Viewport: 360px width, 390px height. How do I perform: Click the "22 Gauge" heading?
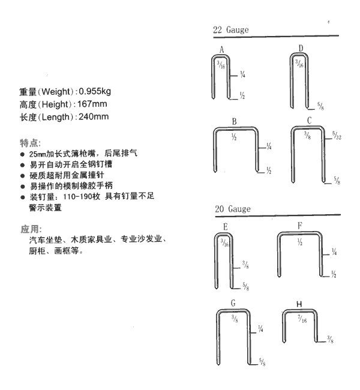click(230, 30)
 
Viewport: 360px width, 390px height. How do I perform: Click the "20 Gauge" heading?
click(233, 209)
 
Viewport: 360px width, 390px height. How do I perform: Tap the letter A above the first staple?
click(221, 50)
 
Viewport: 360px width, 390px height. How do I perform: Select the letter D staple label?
click(301, 48)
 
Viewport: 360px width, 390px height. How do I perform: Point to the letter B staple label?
click(234, 122)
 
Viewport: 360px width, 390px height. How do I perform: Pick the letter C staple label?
click(309, 121)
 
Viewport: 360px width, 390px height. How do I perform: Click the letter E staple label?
click(225, 227)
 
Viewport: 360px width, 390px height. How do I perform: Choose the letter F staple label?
click(300, 226)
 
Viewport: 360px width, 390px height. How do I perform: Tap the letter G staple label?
click(233, 303)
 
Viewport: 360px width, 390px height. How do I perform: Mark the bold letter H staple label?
click(299, 304)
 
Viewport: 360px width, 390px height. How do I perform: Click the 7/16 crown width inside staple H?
click(302, 319)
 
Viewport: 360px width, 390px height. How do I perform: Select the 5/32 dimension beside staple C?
click(337, 136)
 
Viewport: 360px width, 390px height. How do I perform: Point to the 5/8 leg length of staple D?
click(320, 106)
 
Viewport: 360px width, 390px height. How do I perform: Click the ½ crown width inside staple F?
click(300, 242)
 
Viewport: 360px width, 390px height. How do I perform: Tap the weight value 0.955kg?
click(95, 92)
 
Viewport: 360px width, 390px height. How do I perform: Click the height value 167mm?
click(92, 104)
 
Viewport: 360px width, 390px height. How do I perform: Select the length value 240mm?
click(94, 116)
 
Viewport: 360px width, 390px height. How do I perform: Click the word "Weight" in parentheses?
click(56, 92)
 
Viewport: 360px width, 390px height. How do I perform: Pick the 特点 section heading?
click(29, 143)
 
